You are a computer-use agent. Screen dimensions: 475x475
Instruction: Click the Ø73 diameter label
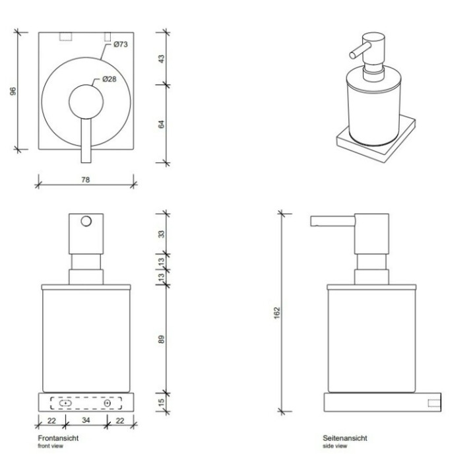[119, 45]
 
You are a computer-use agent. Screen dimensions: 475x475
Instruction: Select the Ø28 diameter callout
[110, 80]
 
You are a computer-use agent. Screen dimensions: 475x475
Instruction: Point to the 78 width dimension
[85, 179]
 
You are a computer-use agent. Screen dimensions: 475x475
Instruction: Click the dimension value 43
[162, 58]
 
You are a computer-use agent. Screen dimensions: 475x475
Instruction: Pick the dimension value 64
[162, 123]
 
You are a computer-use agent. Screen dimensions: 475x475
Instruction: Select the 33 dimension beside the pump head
[162, 234]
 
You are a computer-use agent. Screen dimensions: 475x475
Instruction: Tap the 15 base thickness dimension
[162, 402]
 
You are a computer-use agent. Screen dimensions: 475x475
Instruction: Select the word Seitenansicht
[345, 438]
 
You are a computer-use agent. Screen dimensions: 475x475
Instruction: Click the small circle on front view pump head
[85, 222]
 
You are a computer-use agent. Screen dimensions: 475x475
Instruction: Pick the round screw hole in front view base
[108, 402]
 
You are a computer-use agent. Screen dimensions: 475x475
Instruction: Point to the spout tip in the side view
[313, 221]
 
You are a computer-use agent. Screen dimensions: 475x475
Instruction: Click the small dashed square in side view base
[435, 402]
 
